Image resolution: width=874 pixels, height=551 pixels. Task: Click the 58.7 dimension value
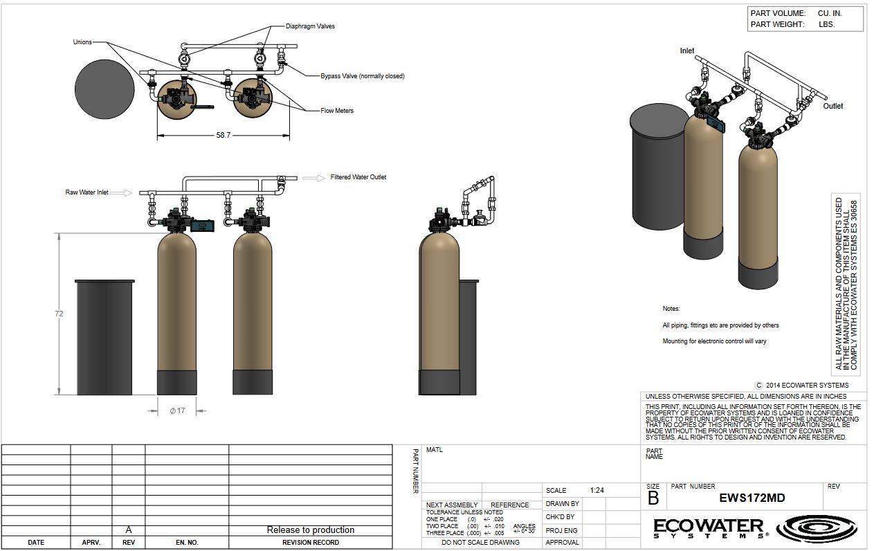point(224,135)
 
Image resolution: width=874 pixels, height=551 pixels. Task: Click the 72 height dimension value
point(59,314)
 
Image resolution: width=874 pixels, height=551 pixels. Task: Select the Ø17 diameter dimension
point(178,410)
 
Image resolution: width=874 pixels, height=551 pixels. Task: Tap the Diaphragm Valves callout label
point(310,26)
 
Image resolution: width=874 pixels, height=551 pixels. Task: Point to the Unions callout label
point(82,42)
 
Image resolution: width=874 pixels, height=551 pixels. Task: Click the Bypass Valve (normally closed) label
point(363,76)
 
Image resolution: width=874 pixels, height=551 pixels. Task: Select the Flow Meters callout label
point(337,111)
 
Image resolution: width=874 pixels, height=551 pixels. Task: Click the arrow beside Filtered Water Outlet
point(313,178)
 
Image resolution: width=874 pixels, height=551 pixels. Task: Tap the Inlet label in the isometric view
point(687,51)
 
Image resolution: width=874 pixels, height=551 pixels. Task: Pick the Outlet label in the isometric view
point(833,106)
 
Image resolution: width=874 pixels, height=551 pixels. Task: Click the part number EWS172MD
point(752,498)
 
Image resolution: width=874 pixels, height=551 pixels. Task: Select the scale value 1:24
point(597,490)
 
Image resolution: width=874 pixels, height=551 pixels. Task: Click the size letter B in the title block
point(653,498)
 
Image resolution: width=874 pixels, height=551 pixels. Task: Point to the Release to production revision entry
point(311,530)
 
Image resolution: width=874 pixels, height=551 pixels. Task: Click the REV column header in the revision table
point(129,543)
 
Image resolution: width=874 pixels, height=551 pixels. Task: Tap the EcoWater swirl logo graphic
point(817,528)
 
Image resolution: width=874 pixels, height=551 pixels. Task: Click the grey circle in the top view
point(104,89)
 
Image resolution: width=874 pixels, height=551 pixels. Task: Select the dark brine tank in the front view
point(104,337)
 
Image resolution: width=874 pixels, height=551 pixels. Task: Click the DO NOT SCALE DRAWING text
point(480,543)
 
